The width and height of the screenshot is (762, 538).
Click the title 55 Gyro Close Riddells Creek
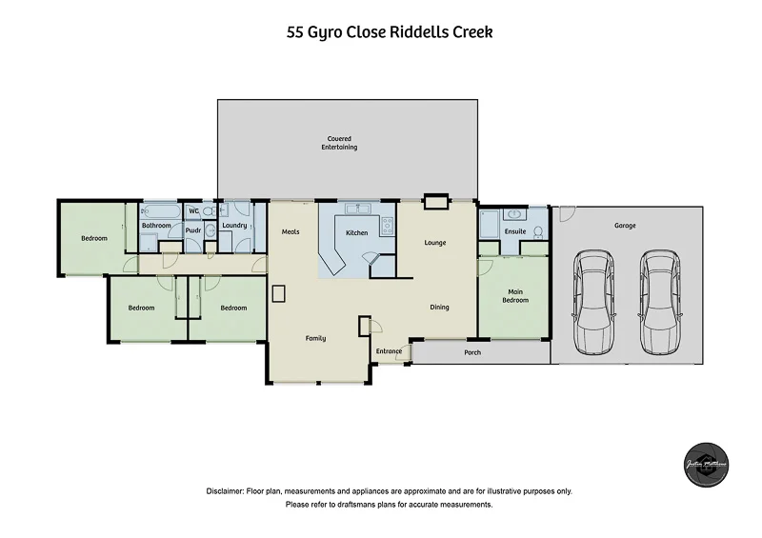click(390, 31)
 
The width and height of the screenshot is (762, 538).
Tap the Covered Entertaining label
click(339, 144)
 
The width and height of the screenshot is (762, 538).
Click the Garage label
click(625, 226)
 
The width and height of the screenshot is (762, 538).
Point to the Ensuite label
click(516, 231)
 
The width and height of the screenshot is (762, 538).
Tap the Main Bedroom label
click(515, 295)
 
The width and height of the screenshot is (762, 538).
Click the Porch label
click(471, 352)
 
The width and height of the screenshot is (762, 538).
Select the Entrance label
click(389, 351)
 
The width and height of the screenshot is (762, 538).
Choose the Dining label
click(439, 307)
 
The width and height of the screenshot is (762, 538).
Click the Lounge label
click(435, 243)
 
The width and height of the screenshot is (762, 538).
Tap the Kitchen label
click(356, 232)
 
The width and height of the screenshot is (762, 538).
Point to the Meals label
click(291, 231)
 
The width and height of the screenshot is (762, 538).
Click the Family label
click(315, 338)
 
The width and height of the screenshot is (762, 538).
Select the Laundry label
click(235, 226)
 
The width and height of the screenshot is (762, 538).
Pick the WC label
click(193, 210)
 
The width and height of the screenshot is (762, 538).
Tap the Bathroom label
click(156, 226)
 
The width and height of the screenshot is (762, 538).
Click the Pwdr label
click(193, 229)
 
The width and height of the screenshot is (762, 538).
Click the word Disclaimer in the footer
click(226, 491)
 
